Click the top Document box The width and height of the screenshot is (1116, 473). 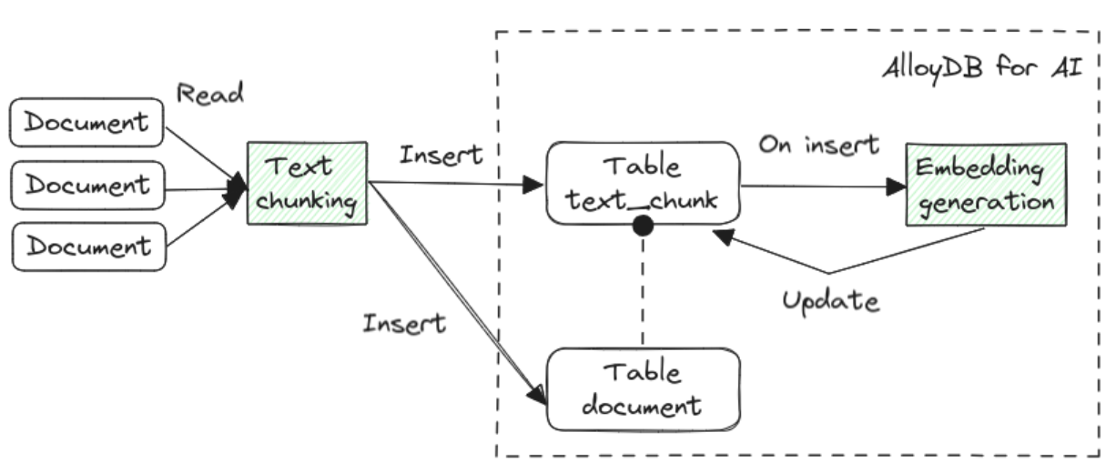tap(87, 123)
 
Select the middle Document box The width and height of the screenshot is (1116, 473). tap(87, 185)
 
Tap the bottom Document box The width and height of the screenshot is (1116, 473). tap(87, 247)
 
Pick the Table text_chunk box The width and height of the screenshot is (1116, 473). tap(642, 183)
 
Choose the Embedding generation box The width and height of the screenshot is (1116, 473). tap(985, 185)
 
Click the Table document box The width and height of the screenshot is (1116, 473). tap(642, 388)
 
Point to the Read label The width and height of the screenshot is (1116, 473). tap(211, 94)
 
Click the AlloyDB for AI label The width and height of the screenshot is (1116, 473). tap(981, 70)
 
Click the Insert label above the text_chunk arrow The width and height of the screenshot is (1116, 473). tap(441, 155)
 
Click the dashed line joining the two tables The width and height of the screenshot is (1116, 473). tap(643, 291)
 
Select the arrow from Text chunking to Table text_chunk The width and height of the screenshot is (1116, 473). tap(455, 184)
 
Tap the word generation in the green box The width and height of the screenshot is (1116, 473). tap(985, 202)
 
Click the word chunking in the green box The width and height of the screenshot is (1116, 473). tap(306, 200)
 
